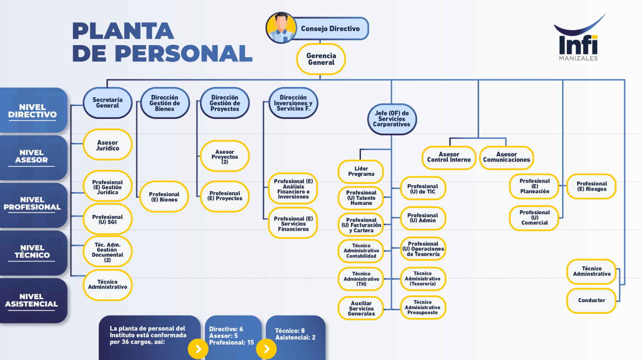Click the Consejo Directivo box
[330, 28]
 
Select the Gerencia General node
[321, 59]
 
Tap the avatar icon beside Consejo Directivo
[281, 28]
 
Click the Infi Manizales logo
[579, 37]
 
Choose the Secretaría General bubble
[107, 102]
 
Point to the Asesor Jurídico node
[107, 145]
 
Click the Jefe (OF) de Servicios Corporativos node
[391, 119]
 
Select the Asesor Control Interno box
[449, 157]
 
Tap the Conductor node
[592, 301]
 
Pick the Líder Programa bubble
[361, 172]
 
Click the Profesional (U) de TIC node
[423, 188]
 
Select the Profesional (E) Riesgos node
[592, 186]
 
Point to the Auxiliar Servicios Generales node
[361, 308]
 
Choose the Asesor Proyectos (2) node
[225, 156]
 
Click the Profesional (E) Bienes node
[164, 197]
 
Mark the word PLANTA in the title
[123, 31]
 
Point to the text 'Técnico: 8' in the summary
[290, 331]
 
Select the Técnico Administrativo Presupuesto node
[423, 307]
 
